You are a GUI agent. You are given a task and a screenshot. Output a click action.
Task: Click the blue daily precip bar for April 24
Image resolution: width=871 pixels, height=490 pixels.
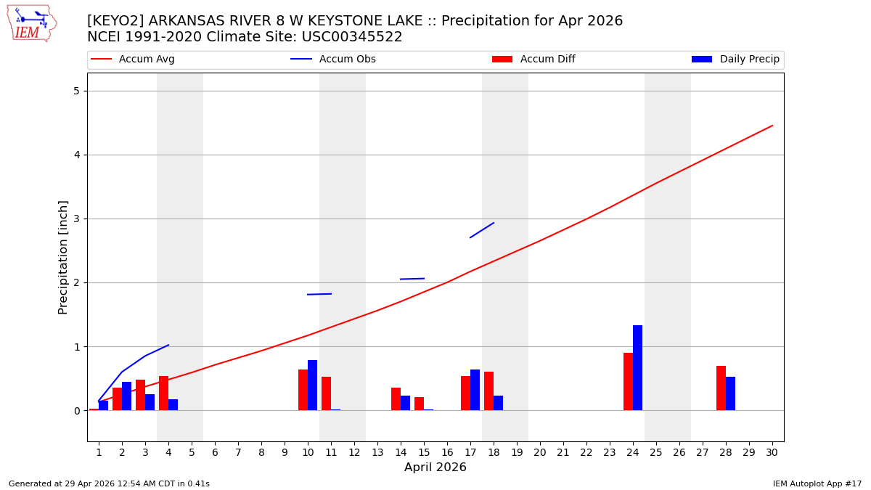pos(637,368)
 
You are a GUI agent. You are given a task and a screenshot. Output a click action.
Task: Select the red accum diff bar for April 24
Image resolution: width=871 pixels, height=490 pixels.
pos(628,382)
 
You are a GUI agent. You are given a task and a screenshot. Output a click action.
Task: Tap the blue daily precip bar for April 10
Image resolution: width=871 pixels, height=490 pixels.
pos(312,385)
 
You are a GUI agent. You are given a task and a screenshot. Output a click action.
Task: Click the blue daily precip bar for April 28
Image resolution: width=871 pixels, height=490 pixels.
pos(730,393)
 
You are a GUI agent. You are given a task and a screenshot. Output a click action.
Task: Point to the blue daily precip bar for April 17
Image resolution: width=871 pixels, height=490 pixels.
pos(475,390)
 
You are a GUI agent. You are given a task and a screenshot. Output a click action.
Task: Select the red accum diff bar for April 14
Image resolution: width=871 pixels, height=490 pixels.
pos(396,399)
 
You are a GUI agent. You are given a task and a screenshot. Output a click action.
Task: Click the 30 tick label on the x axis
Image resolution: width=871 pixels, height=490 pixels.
pos(772,452)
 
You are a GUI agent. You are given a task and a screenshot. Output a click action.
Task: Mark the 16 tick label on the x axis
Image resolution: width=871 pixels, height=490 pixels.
pos(447,452)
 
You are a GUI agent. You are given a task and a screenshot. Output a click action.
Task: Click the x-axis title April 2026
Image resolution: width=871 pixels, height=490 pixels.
pos(435,467)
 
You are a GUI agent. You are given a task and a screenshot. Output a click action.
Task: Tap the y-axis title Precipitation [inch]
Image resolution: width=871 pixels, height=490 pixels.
pos(63,257)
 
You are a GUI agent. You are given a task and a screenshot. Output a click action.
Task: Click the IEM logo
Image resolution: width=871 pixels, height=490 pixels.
pos(31,23)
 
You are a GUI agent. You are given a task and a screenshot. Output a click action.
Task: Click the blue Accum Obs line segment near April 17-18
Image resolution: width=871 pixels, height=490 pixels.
pos(482,230)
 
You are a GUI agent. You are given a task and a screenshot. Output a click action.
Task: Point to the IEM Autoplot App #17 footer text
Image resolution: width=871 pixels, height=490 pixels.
pos(817,483)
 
